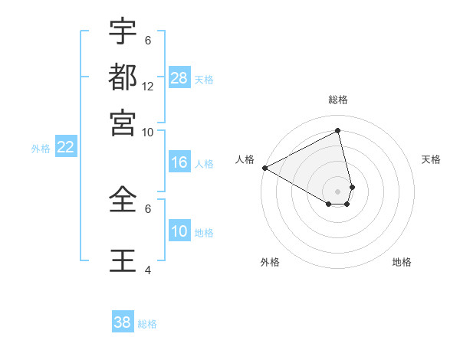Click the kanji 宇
(x=123, y=32)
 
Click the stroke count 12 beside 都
(x=148, y=86)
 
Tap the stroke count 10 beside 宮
(x=148, y=132)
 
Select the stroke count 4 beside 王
(x=148, y=270)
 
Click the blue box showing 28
(x=179, y=78)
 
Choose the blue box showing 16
(x=179, y=162)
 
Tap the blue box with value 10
(x=179, y=231)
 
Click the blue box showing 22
(x=65, y=147)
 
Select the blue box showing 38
(x=122, y=322)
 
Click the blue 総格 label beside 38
(x=147, y=324)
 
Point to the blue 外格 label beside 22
(x=40, y=149)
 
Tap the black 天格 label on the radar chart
(x=432, y=159)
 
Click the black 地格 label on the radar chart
(x=402, y=262)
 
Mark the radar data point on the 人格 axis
(x=264, y=168)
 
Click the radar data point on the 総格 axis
(x=338, y=131)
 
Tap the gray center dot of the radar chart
(x=338, y=191)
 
